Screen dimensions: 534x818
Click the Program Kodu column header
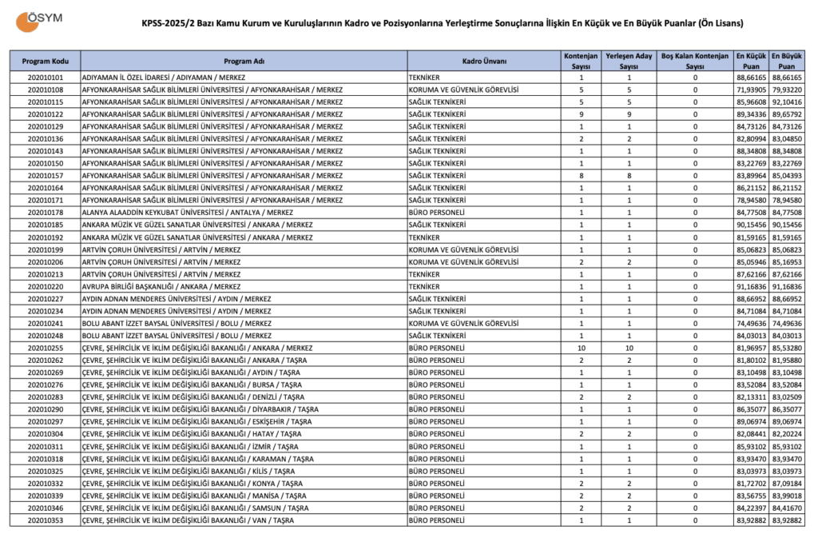click(45, 62)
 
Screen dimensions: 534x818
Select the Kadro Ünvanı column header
click(484, 62)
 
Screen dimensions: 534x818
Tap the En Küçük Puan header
click(751, 62)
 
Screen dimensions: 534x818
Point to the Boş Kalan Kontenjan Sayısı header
click(694, 62)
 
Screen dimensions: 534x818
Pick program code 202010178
click(45, 213)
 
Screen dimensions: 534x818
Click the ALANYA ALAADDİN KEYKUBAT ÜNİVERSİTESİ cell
click(187, 213)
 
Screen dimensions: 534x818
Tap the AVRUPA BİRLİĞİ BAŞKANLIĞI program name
click(161, 286)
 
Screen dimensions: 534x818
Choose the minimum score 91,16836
click(751, 286)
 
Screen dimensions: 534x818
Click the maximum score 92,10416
click(787, 102)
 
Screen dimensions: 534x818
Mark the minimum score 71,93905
click(751, 90)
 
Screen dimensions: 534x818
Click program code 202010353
click(45, 520)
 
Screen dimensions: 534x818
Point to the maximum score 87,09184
click(787, 484)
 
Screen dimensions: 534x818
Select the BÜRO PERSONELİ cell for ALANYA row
click(435, 213)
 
